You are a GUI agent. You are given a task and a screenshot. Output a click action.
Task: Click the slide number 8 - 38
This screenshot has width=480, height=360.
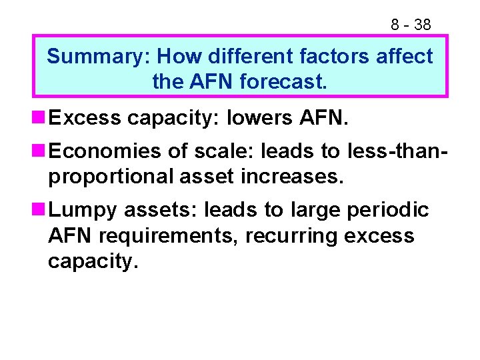[x=411, y=25]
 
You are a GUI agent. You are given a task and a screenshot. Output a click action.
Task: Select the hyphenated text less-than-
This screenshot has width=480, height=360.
[x=397, y=151]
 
